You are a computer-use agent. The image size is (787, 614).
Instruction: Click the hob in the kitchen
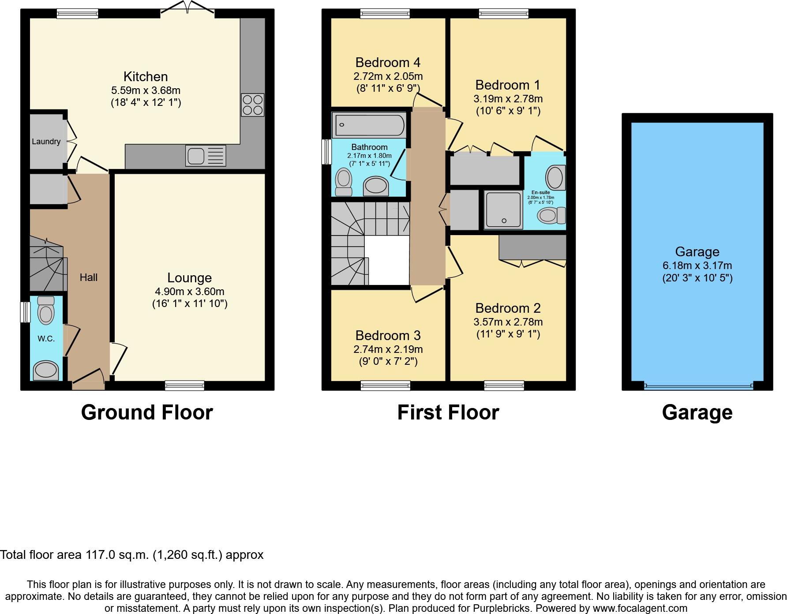click(252, 105)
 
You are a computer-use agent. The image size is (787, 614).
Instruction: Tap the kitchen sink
click(206, 156)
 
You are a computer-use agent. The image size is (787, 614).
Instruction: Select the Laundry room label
click(46, 142)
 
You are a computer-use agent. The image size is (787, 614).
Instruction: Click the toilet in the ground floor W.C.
click(46, 311)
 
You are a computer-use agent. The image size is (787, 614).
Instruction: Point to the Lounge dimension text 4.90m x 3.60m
click(189, 292)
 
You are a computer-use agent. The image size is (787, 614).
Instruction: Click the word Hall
click(89, 277)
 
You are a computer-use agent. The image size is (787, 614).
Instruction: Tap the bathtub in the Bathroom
click(370, 125)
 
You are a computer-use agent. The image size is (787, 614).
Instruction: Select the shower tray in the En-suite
click(503, 210)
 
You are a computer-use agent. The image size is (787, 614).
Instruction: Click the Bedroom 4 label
click(388, 62)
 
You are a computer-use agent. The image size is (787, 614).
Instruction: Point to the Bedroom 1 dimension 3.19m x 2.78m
click(508, 98)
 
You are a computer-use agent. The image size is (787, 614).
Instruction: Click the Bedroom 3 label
click(388, 336)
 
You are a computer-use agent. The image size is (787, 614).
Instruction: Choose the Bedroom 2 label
click(508, 308)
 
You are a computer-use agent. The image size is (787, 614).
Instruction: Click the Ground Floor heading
click(147, 412)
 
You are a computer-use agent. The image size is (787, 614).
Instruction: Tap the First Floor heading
click(448, 412)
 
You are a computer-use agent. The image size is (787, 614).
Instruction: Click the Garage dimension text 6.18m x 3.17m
click(697, 266)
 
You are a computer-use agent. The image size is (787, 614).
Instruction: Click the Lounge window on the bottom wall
click(184, 386)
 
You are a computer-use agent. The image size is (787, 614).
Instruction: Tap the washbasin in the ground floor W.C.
click(46, 371)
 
